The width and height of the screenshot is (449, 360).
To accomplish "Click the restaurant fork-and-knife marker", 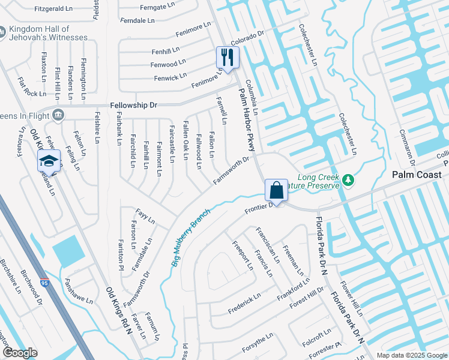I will pyautogui.click(x=228, y=58).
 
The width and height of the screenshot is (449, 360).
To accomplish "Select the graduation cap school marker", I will pyautogui.click(x=49, y=161).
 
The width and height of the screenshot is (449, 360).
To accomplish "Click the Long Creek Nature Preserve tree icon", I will pyautogui.click(x=347, y=179).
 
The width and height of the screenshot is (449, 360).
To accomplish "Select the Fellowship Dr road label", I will pyautogui.click(x=133, y=105).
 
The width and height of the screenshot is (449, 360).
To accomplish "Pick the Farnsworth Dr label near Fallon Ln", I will pyautogui.click(x=231, y=170).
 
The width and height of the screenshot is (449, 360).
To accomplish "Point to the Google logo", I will pyautogui.click(x=20, y=353).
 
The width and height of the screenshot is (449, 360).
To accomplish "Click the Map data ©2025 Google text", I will pyautogui.click(x=411, y=355).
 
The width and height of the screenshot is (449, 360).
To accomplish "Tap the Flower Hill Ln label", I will pyautogui.click(x=351, y=299).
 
